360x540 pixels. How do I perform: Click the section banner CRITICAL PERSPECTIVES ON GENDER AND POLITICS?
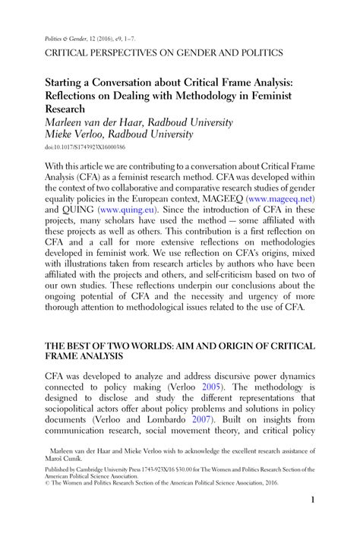point(165,53)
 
